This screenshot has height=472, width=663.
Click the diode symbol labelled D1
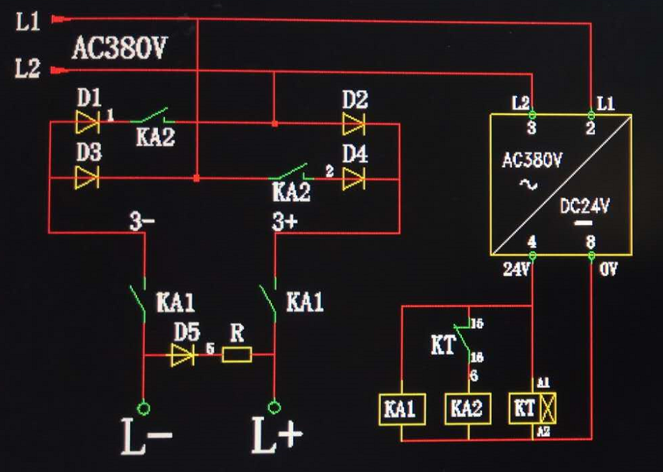(x=87, y=123)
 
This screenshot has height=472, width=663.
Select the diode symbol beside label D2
(x=354, y=125)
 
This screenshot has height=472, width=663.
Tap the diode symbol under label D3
(x=87, y=178)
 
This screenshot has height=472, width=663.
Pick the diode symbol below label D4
(x=354, y=178)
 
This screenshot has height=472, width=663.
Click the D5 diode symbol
(x=182, y=356)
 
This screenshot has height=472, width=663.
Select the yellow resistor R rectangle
(x=237, y=356)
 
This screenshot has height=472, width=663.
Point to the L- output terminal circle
(x=144, y=407)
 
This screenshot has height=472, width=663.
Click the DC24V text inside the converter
(x=585, y=206)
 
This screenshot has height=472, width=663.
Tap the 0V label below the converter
(x=608, y=269)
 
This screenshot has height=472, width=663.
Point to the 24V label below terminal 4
(x=515, y=269)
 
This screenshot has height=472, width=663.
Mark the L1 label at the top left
(x=29, y=22)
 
